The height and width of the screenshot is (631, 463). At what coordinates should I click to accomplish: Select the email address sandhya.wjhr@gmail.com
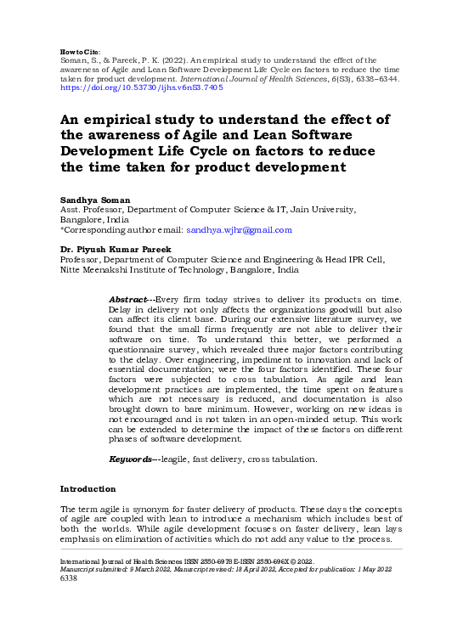239,229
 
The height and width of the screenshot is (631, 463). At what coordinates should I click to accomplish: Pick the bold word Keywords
130,459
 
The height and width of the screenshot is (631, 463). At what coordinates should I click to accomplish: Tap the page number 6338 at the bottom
69,579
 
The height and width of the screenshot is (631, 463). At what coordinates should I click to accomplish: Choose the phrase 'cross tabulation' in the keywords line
289,459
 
